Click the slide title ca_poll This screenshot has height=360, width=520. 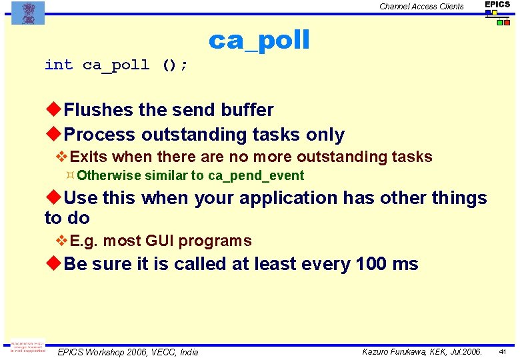coord(259,41)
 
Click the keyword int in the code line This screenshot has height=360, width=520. coord(59,65)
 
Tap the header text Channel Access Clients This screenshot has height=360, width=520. coord(421,7)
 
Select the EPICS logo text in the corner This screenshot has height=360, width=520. coord(497,5)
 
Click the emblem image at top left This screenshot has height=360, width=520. coord(28,13)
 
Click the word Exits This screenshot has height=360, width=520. coord(89,157)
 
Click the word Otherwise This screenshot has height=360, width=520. coord(109,176)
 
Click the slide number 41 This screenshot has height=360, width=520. coord(503,351)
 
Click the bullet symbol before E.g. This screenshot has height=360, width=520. coord(62,241)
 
